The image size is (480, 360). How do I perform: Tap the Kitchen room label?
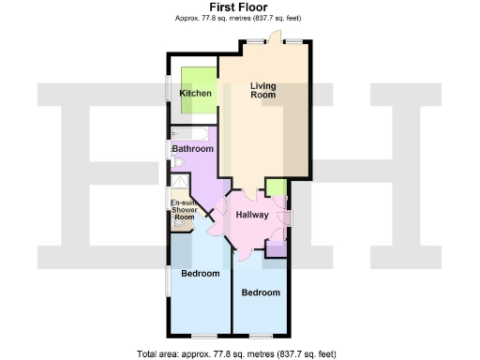click(195, 94)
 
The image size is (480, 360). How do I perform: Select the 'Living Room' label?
click(262, 91)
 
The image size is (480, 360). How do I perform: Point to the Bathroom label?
click(192, 148)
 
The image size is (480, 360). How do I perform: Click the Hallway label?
click(251, 215)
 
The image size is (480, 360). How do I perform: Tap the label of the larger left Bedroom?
click(200, 274)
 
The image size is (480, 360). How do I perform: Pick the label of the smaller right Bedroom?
click(261, 292)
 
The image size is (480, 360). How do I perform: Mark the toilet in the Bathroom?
click(178, 162)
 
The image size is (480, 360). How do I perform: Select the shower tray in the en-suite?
click(178, 186)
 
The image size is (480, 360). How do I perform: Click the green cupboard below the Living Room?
click(275, 187)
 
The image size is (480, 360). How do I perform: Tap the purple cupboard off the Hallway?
click(276, 248)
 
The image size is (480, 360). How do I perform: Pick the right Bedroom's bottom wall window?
click(261, 336)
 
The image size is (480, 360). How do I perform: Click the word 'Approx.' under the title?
click(188, 18)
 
